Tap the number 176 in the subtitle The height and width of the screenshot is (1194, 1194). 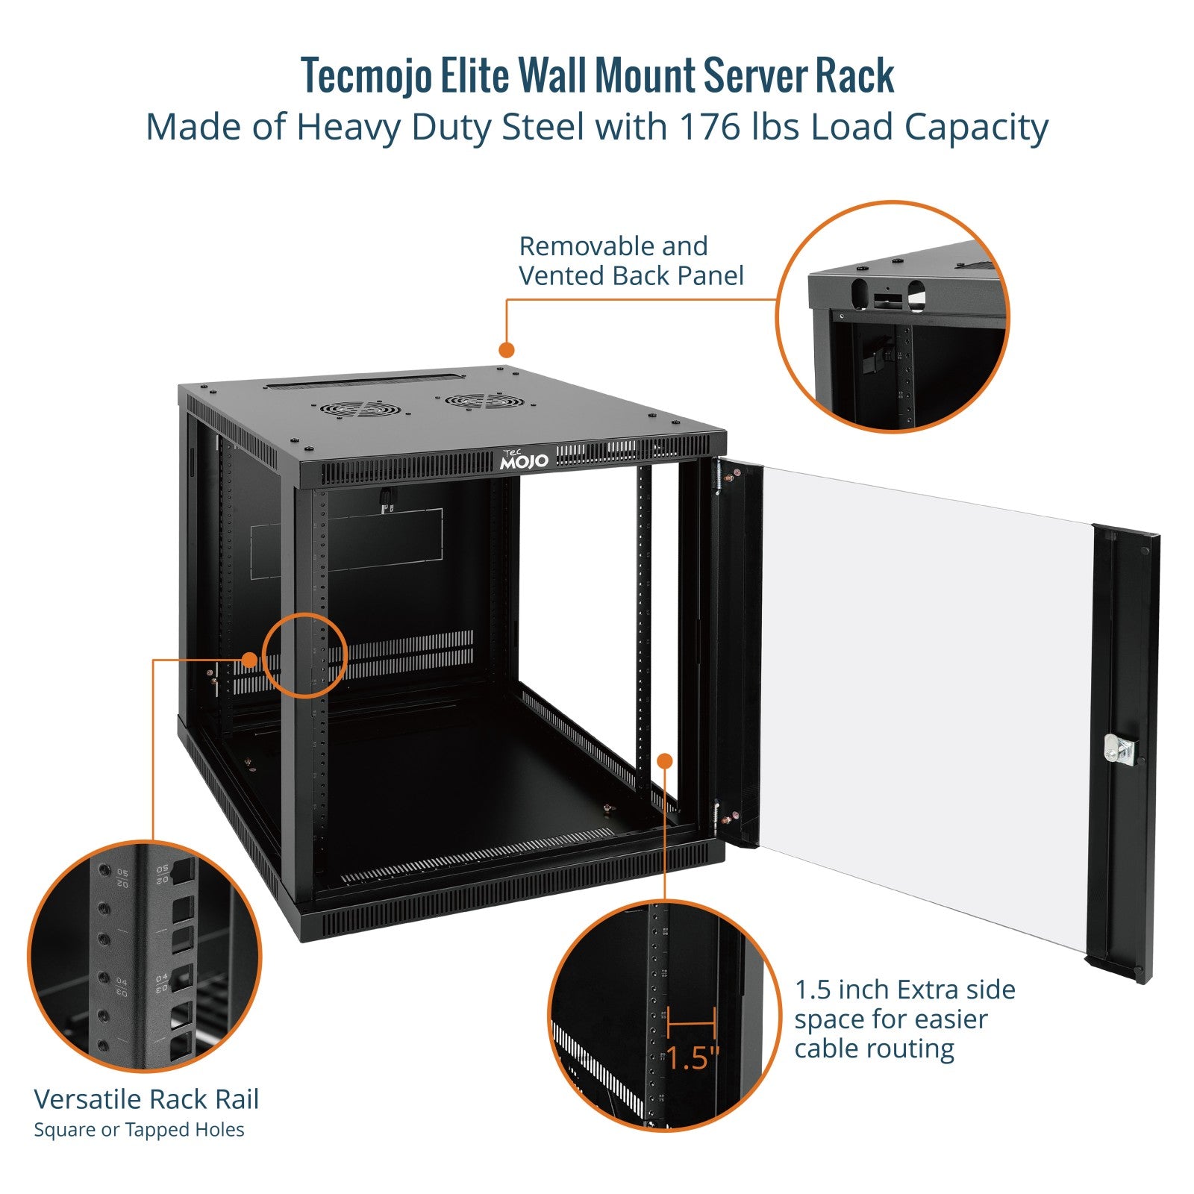707,127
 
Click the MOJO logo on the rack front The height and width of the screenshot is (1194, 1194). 524,460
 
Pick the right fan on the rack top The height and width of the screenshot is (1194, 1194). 484,401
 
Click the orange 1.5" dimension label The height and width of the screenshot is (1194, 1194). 693,1057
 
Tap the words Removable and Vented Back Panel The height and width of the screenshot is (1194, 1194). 631,261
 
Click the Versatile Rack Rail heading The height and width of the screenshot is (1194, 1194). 146,1099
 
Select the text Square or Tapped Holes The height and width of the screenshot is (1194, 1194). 139,1130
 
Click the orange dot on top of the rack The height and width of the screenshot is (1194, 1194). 507,349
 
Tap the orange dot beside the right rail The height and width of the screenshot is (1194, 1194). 664,760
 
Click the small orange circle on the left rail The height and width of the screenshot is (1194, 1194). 305,655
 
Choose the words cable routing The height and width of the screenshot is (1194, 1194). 874,1048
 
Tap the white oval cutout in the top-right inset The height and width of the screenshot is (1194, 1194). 916,296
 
